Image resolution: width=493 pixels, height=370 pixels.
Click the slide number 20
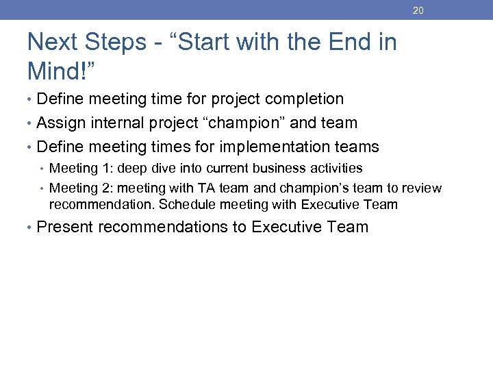point(418,11)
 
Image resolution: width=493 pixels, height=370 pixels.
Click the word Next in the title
point(53,43)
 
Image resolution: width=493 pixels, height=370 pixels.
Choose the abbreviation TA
point(210,188)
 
